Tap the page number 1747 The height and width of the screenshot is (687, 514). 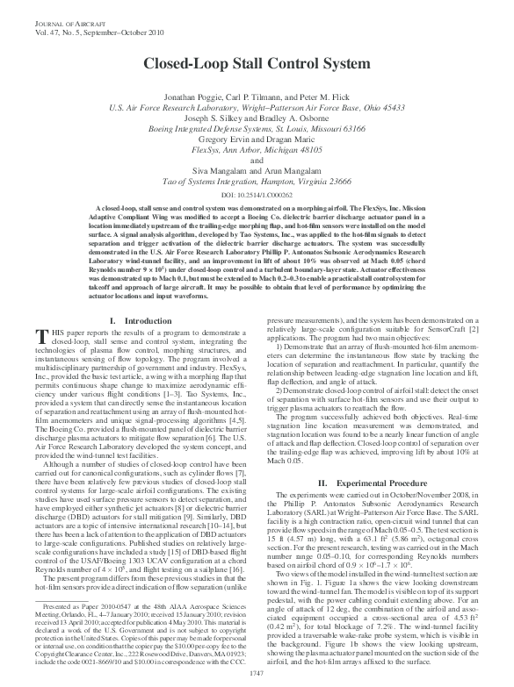coord(257,670)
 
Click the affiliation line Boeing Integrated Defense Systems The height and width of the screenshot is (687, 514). coord(257,127)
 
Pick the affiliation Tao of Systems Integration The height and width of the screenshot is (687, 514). coord(257,180)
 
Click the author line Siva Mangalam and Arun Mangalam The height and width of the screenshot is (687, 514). coord(257,169)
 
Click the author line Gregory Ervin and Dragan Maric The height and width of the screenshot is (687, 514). coord(257,139)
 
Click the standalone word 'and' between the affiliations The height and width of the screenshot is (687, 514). coord(257,159)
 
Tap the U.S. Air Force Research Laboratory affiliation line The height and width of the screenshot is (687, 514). coord(257,105)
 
